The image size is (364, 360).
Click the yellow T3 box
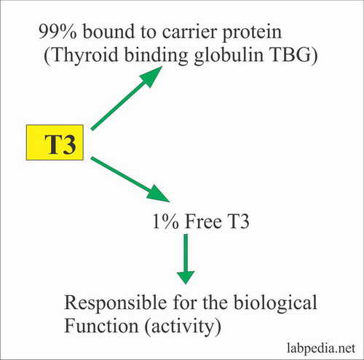(x=55, y=142)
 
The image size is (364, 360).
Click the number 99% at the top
(x=58, y=31)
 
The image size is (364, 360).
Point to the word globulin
(x=229, y=55)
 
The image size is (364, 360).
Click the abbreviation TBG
(x=290, y=55)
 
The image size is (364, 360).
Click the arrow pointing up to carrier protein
(x=127, y=98)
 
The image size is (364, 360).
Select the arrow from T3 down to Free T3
(x=130, y=179)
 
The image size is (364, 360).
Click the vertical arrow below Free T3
(x=186, y=259)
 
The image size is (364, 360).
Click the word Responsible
(x=116, y=303)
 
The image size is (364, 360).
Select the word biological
(x=275, y=303)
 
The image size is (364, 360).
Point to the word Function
(x=101, y=326)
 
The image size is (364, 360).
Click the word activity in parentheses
(x=183, y=326)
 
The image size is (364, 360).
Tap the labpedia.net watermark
(x=321, y=348)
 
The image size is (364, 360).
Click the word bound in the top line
(x=108, y=31)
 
